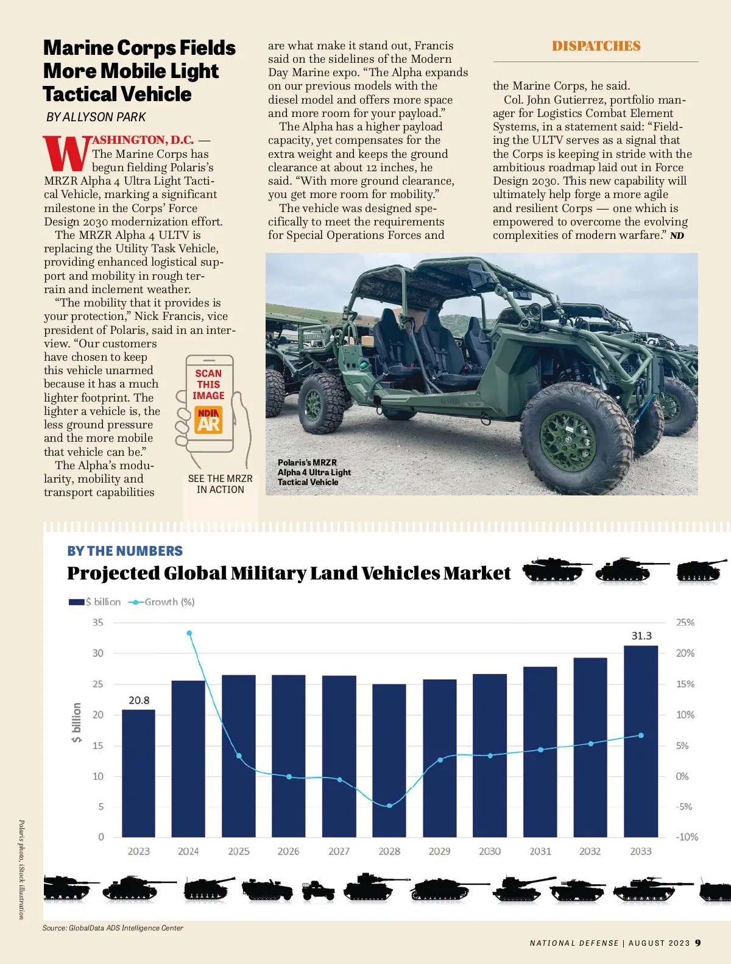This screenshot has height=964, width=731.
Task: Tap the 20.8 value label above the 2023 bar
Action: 139,700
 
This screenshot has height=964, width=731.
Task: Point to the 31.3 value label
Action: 641,636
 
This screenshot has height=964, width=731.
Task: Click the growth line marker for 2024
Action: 189,633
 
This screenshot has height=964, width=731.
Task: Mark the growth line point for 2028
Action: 390,806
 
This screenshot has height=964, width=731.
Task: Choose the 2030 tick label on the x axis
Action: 490,851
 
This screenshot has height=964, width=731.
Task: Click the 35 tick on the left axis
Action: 98,622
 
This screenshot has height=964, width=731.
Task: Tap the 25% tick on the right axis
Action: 685,622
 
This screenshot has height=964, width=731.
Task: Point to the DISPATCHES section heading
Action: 596,46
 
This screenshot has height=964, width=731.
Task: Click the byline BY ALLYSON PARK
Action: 96,117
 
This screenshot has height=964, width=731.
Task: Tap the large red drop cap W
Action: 66,154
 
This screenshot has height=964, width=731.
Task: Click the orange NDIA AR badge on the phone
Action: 208,420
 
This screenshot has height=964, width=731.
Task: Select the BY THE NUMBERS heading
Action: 125,551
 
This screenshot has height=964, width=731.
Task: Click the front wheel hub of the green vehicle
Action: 568,440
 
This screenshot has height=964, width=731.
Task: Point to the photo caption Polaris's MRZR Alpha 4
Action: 314,472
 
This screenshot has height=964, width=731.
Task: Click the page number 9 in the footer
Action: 697,943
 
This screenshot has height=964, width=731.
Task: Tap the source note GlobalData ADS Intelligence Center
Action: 113,928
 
